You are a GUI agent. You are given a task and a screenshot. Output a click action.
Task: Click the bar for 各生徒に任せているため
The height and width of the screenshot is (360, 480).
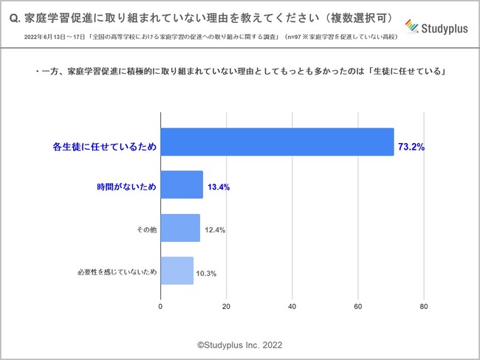277,142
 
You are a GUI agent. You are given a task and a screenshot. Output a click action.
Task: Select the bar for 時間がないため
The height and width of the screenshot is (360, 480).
182,184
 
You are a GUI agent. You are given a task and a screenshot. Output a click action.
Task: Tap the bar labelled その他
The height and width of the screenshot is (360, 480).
180,228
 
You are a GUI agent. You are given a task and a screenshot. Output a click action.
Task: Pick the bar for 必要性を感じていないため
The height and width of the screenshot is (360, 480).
177,271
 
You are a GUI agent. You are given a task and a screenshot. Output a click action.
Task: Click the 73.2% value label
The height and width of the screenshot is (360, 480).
411,147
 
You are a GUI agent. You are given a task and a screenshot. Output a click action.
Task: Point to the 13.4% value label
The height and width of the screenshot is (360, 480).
218,187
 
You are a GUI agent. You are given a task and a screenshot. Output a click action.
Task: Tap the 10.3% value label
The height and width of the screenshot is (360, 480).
206,273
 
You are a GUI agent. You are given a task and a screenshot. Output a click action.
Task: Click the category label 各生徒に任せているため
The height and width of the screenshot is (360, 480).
109,147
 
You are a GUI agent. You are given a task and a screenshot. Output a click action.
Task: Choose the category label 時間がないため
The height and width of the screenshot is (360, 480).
127,187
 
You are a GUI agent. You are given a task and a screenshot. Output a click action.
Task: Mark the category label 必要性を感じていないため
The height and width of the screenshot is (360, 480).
117,272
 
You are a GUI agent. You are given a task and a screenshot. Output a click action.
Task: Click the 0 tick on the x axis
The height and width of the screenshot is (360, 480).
161,307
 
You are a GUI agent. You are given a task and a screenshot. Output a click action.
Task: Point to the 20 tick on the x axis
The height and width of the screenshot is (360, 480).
227,307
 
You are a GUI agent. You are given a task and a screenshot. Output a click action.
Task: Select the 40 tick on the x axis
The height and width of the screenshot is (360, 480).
292,307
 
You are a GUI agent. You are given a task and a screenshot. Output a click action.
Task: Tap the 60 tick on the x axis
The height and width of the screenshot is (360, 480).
358,307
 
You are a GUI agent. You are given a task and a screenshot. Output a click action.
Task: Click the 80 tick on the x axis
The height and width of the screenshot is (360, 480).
424,307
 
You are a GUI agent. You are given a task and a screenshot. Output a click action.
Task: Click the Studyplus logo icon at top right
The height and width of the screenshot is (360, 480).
413,28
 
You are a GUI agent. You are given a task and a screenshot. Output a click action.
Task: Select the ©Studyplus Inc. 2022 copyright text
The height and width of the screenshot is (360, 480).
239,345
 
